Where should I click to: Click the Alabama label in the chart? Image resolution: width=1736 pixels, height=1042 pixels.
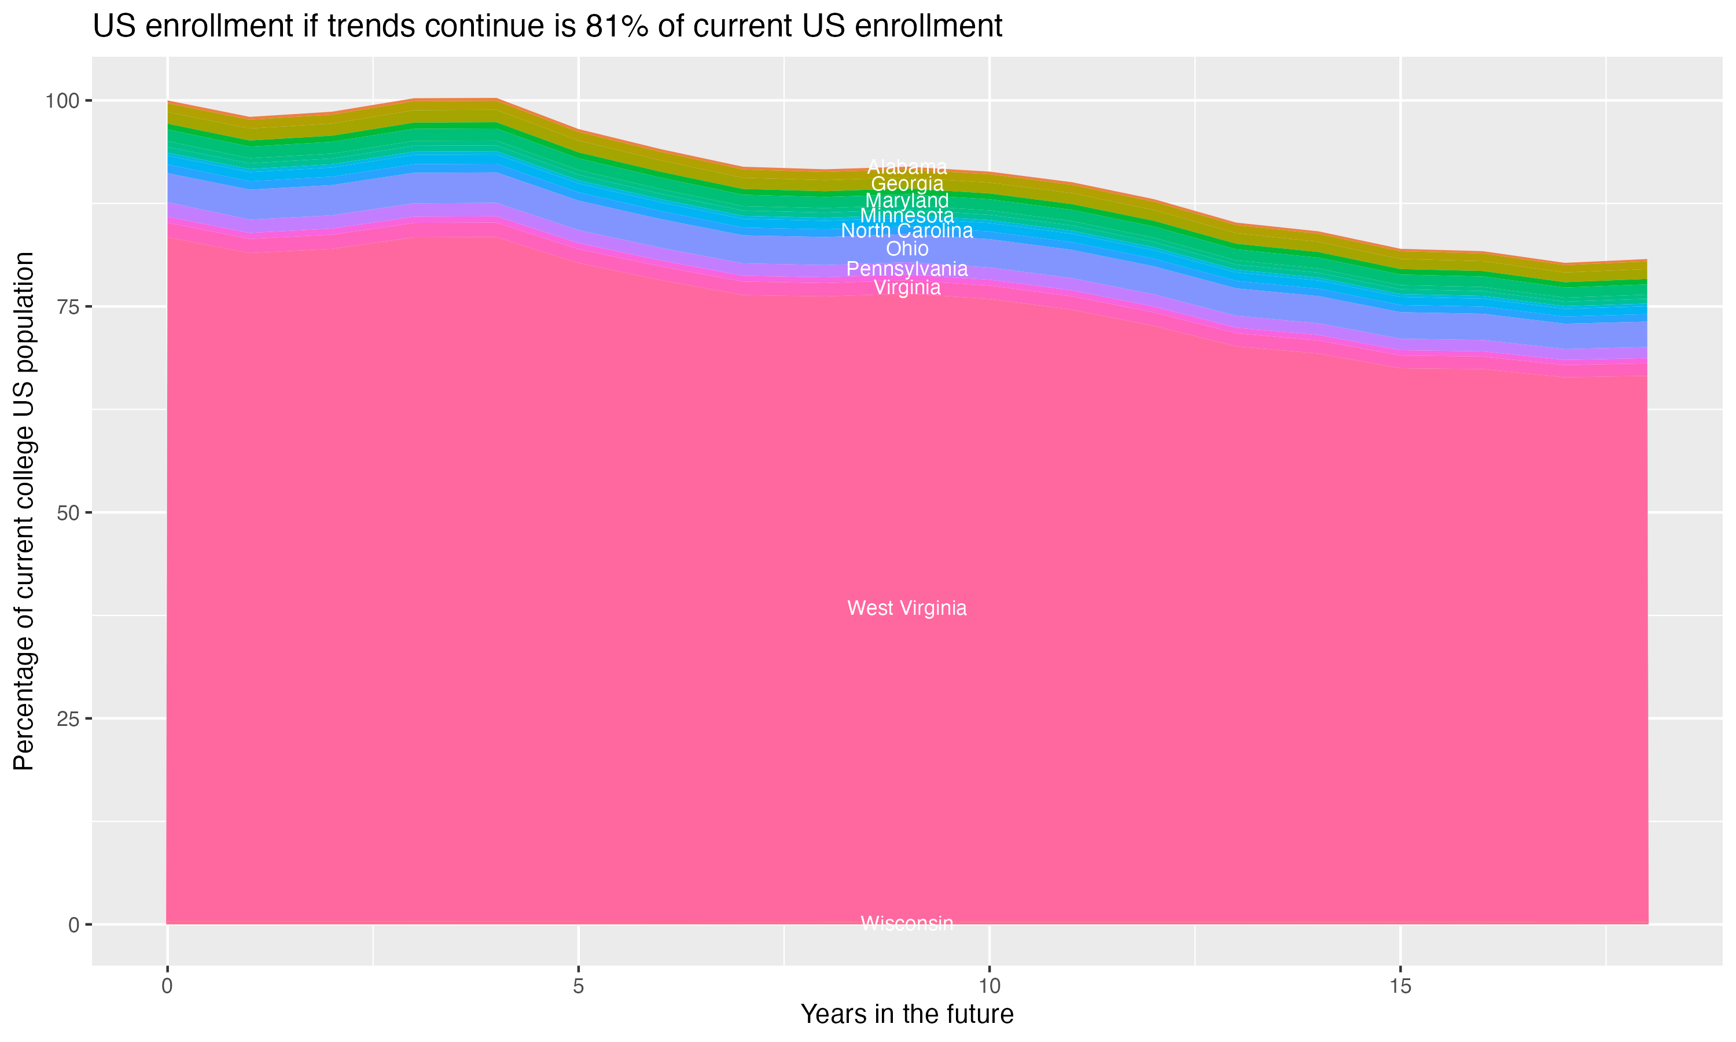907,167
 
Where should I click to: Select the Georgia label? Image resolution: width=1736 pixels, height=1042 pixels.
907,184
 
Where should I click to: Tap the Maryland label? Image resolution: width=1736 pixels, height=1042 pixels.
907,200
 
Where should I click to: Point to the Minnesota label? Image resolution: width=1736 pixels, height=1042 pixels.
907,215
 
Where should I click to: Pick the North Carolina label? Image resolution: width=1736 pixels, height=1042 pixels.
907,231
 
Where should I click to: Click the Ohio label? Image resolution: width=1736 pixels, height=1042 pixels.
907,248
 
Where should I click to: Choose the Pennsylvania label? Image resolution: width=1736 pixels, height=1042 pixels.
907,269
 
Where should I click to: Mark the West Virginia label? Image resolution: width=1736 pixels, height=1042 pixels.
907,608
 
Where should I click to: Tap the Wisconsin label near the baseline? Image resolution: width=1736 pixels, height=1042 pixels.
907,923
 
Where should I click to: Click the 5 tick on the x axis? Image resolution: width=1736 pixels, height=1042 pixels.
578,986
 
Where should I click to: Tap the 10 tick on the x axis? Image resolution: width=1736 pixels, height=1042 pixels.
990,986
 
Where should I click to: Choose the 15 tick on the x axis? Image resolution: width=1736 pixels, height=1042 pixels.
1400,986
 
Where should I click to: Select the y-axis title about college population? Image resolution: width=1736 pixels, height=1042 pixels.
24,511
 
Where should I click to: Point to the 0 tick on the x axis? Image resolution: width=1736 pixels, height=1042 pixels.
167,986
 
